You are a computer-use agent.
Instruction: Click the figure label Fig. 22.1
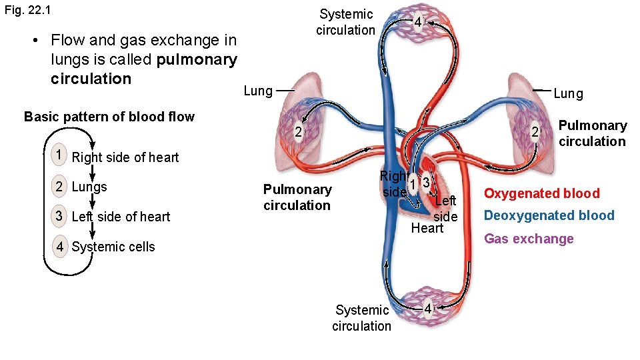click(27, 11)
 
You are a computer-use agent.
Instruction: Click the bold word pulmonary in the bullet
click(197, 60)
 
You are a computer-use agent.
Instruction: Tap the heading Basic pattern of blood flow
click(109, 117)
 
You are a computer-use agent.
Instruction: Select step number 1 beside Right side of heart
click(60, 155)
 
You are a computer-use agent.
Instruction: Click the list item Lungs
click(89, 187)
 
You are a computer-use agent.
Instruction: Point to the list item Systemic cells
click(113, 247)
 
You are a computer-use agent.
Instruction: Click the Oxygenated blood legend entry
click(541, 193)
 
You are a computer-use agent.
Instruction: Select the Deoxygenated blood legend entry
click(549, 215)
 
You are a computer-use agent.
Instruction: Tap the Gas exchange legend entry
click(529, 239)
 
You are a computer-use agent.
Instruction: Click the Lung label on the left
click(258, 91)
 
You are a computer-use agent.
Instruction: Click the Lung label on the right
click(568, 94)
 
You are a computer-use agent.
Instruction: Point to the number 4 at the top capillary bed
click(417, 23)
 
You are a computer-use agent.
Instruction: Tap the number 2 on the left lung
click(298, 132)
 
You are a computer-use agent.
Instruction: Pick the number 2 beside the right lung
click(534, 132)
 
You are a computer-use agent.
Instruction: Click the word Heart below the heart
click(427, 228)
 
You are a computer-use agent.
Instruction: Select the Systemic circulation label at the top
click(345, 22)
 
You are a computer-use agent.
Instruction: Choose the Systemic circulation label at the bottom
click(361, 318)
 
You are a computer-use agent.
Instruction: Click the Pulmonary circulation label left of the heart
click(297, 197)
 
